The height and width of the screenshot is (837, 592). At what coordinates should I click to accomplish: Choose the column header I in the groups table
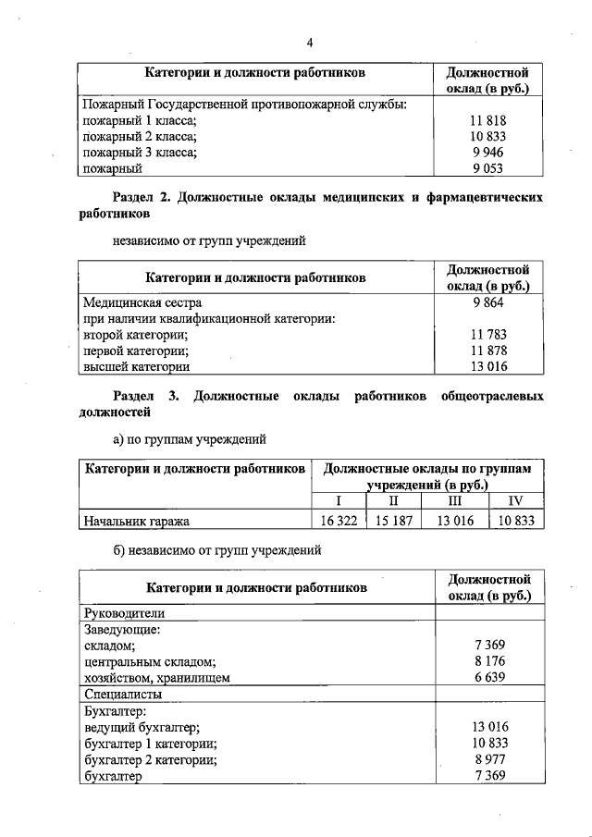click(x=339, y=501)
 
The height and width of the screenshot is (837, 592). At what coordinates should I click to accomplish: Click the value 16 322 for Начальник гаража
click(x=339, y=521)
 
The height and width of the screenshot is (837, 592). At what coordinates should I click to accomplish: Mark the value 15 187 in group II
click(x=393, y=521)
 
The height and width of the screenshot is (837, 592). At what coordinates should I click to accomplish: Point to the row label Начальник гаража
click(x=137, y=521)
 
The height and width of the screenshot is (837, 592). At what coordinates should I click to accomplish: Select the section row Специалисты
click(x=123, y=694)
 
